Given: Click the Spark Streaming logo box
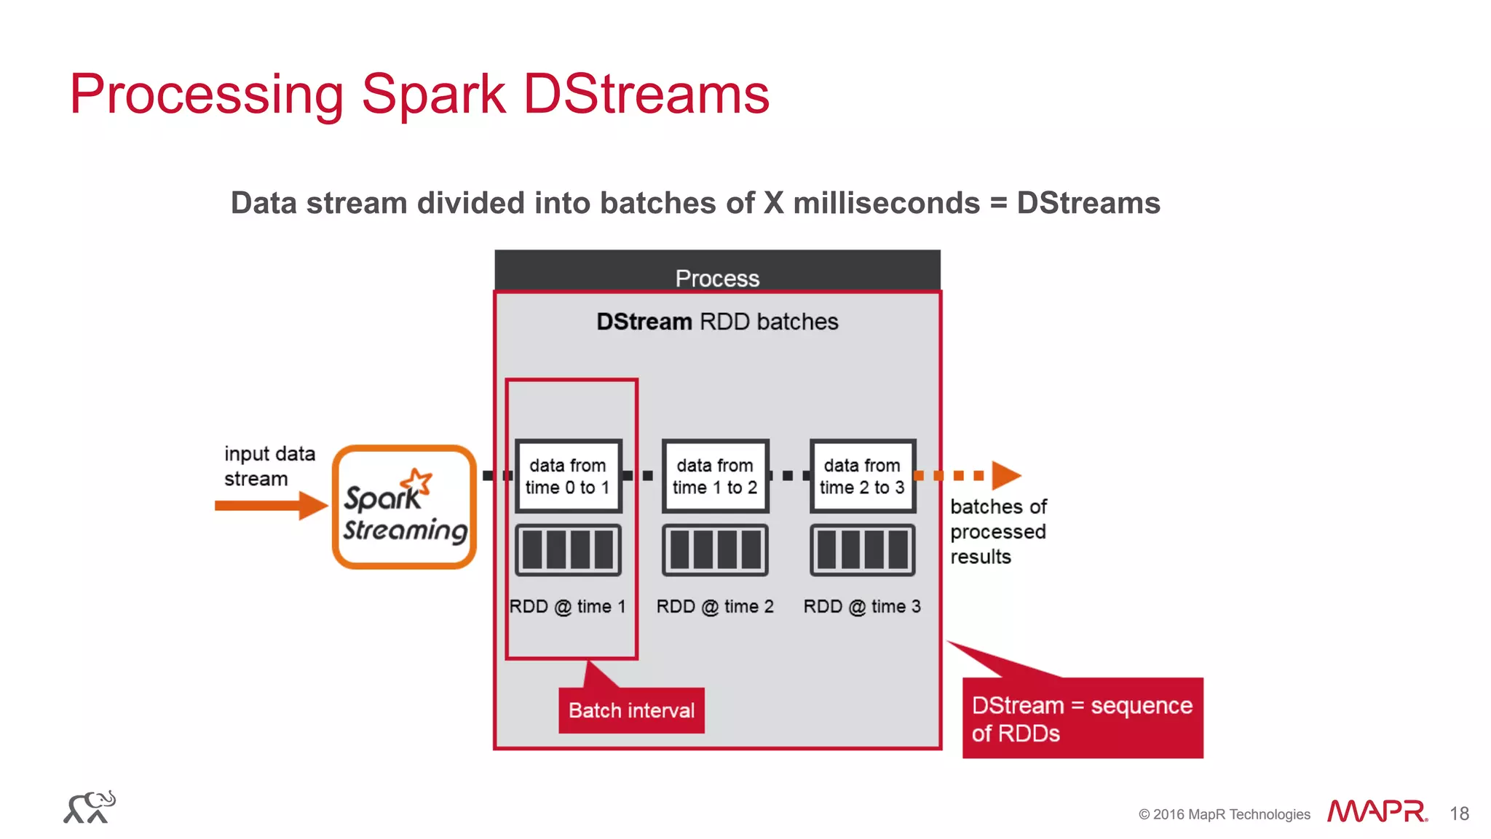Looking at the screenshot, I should tap(404, 506).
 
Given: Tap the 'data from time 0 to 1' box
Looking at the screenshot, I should tap(568, 476).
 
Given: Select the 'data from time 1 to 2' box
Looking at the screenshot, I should tap(715, 476).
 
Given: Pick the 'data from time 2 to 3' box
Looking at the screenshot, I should tap(862, 476).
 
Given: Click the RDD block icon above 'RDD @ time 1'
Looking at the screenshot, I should tap(568, 549).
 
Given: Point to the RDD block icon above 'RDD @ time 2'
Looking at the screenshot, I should tap(715, 549).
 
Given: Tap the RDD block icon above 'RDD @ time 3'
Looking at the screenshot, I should tap(862, 549).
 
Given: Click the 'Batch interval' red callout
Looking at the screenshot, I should tap(631, 710).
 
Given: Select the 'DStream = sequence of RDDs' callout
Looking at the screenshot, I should tap(1082, 718).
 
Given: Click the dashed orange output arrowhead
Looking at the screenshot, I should tap(1005, 475).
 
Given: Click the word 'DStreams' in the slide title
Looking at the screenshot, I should tap(646, 94).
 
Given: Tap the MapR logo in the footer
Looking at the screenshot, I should tap(1376, 811).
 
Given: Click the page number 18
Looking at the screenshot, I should tap(1459, 814).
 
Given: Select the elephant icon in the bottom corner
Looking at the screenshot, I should tap(90, 807).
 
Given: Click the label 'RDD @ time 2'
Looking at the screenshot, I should tap(714, 606).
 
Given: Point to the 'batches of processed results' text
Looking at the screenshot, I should tap(998, 531).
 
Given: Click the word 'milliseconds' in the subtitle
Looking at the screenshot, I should tap(886, 203).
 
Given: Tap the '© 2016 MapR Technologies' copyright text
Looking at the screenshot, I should tap(1224, 814).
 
